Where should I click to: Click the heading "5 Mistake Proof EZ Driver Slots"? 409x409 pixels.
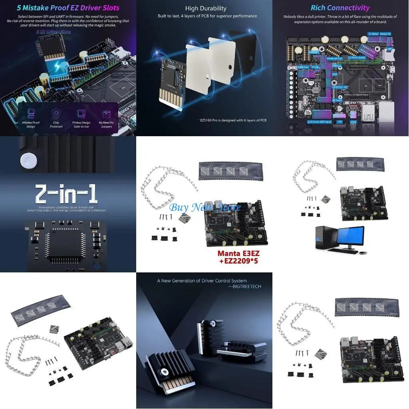pyautogui.click(x=68, y=8)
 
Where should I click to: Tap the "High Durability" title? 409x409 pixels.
pyautogui.click(x=206, y=8)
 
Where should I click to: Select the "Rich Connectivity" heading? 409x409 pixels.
pyautogui.click(x=340, y=8)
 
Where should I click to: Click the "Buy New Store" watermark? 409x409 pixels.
pyautogui.click(x=205, y=207)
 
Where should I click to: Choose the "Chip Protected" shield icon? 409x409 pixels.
pyautogui.click(x=56, y=114)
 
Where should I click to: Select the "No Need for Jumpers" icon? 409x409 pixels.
pyautogui.click(x=106, y=114)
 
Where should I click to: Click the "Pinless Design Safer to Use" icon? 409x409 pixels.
pyautogui.click(x=81, y=114)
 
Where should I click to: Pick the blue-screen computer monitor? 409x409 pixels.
pyautogui.click(x=350, y=236)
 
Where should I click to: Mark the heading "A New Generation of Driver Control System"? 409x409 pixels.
pyautogui.click(x=202, y=281)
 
